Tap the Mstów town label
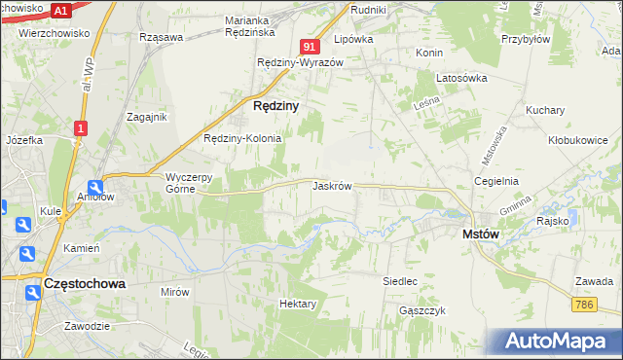480,234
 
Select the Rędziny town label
275,105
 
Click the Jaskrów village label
332,185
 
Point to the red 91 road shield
310,46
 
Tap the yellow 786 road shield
583,305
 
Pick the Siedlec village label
400,281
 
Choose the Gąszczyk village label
421,310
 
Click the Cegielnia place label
495,181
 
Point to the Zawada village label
593,281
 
